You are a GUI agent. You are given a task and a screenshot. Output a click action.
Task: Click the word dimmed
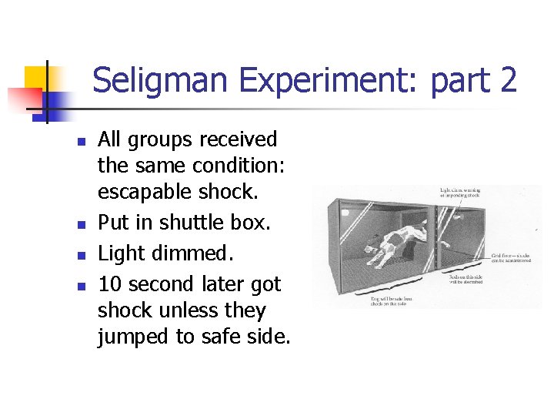198,253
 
